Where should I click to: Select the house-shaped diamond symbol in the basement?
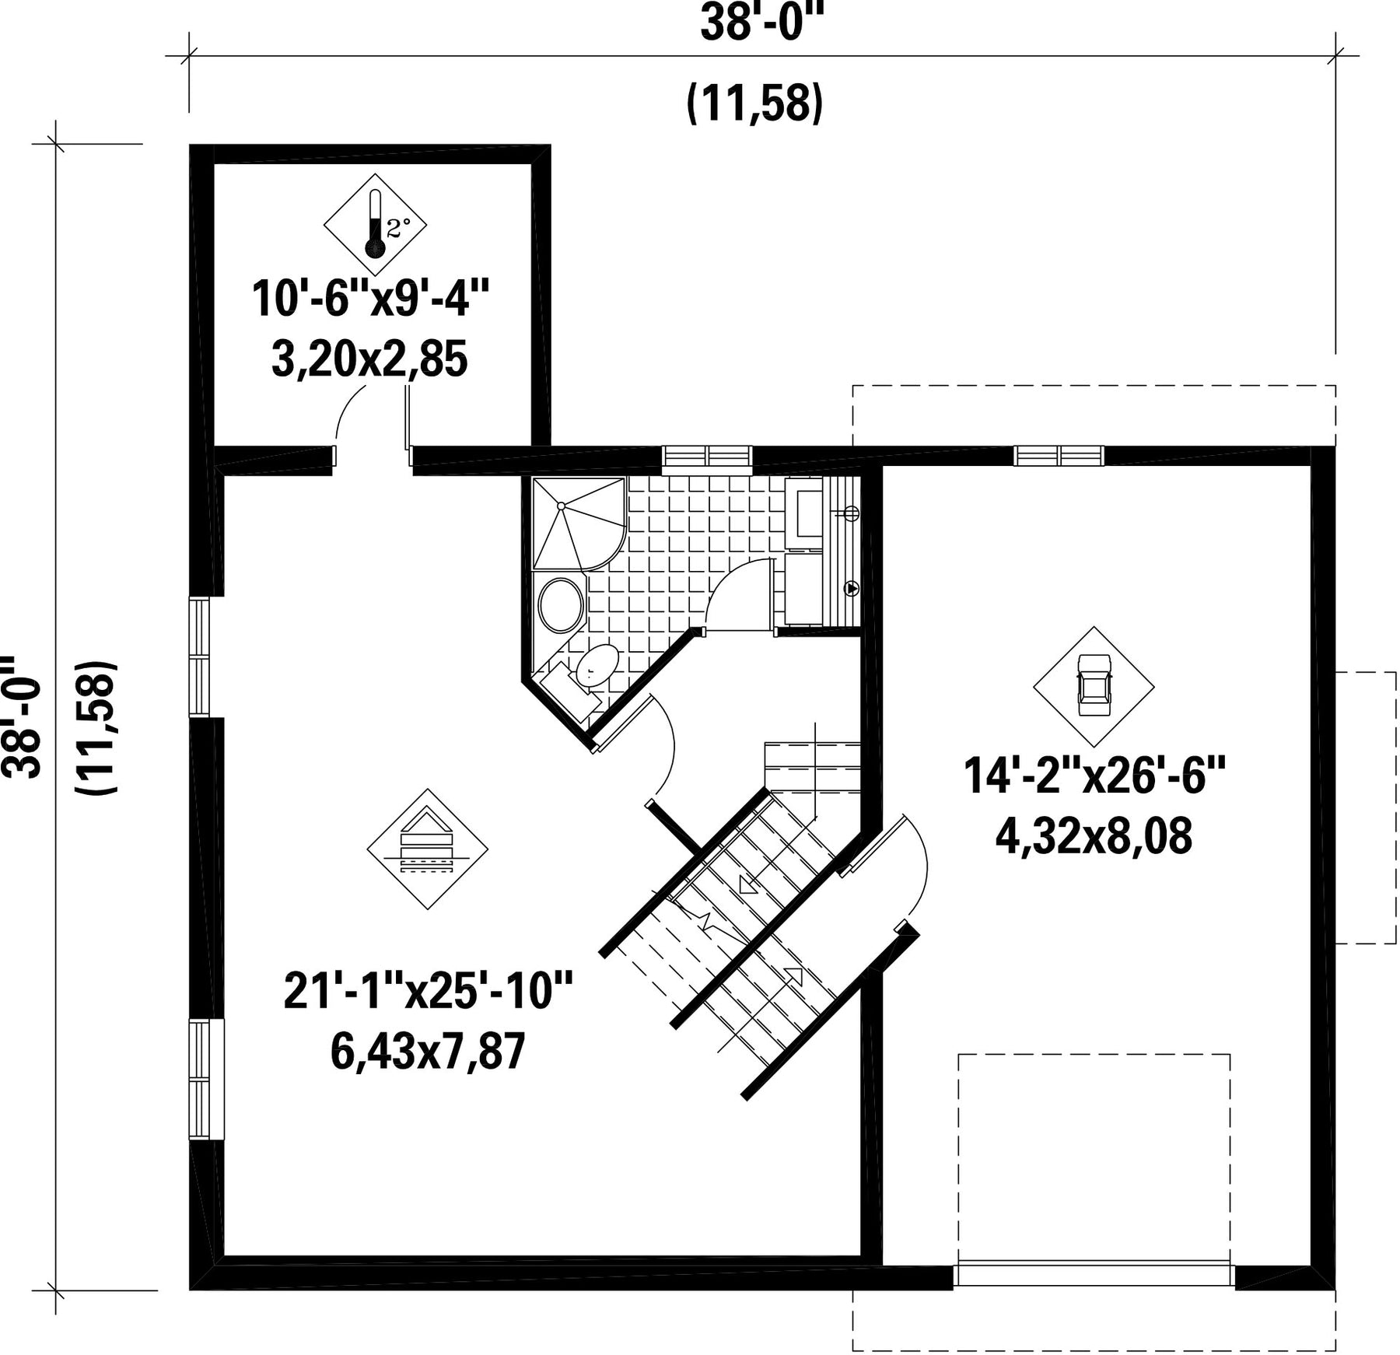pyautogui.click(x=427, y=849)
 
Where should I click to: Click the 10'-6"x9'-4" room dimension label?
pyautogui.click(x=372, y=299)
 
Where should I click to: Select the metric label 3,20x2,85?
pyautogui.click(x=369, y=360)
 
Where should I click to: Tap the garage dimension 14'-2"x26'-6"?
pyautogui.click(x=1094, y=776)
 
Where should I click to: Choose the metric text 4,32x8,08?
pyautogui.click(x=1094, y=838)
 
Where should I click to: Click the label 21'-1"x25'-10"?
pyautogui.click(x=428, y=991)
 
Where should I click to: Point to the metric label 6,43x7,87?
pyautogui.click(x=428, y=1052)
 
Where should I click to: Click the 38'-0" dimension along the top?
pyautogui.click(x=761, y=23)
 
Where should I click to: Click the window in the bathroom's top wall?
pyautogui.click(x=707, y=458)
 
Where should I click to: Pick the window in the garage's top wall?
pyautogui.click(x=1059, y=456)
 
